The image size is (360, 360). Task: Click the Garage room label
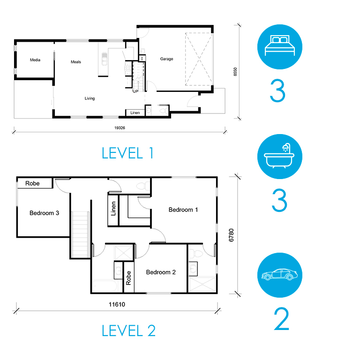tap(166, 59)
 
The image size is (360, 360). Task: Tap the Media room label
tap(35, 60)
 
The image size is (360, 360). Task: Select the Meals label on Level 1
tap(76, 62)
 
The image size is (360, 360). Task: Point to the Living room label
tap(90, 98)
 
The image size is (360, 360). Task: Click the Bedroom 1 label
tap(183, 210)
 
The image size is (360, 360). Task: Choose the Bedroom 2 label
tap(161, 272)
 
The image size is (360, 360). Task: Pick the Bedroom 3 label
tap(45, 213)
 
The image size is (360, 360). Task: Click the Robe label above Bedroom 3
tap(32, 183)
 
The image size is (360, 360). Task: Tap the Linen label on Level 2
tap(113, 209)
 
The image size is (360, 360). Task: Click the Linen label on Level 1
tap(135, 112)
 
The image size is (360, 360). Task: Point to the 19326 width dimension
tap(120, 128)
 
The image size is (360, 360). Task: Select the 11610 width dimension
tap(117, 304)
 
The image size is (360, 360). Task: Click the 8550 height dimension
tap(235, 72)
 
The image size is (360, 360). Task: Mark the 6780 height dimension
tap(231, 235)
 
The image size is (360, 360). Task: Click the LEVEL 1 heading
tap(127, 153)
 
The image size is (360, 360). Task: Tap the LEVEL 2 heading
tap(128, 330)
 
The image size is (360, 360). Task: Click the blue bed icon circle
tap(280, 47)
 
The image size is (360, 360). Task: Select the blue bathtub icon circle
tap(280, 157)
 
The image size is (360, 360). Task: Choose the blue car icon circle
tap(280, 275)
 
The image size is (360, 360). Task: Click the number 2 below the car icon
tap(281, 319)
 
